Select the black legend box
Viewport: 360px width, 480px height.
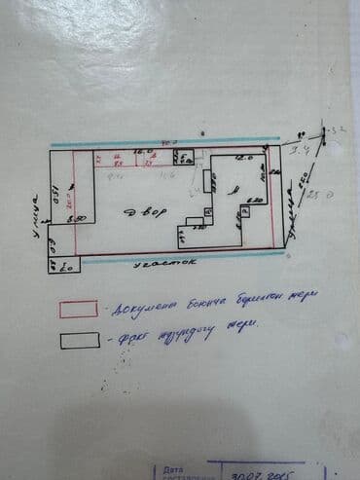pyautogui.click(x=79, y=339)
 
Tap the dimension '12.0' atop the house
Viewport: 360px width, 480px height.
pyautogui.click(x=243, y=157)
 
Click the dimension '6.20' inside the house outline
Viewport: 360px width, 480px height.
pyautogui.click(x=256, y=200)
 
